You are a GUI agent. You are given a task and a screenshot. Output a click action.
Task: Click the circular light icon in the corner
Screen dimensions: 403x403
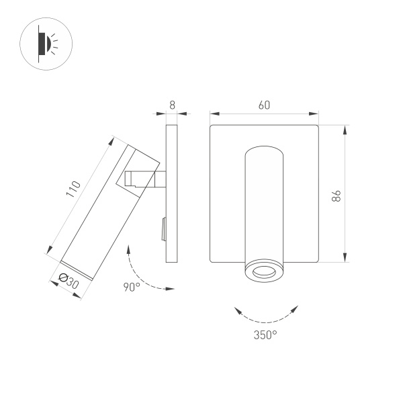pyautogui.click(x=46, y=45)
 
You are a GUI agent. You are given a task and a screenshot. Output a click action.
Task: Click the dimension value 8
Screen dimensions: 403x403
pyautogui.click(x=172, y=105)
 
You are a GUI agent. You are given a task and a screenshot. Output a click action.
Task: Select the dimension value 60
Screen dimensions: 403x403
pyautogui.click(x=264, y=105)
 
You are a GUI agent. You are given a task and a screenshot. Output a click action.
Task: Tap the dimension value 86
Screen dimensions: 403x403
pyautogui.click(x=337, y=195)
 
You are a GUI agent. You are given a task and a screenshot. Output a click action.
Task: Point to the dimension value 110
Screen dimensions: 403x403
pyautogui.click(x=73, y=190)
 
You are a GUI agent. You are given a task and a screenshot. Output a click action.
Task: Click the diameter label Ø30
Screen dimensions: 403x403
pyautogui.click(x=69, y=281)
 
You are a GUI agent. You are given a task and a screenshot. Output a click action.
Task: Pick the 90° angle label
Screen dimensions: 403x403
pyautogui.click(x=131, y=287)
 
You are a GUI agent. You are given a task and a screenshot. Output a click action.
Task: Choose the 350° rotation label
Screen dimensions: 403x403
pyautogui.click(x=266, y=334)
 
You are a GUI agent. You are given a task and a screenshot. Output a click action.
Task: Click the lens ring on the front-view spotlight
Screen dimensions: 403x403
pyautogui.click(x=263, y=272)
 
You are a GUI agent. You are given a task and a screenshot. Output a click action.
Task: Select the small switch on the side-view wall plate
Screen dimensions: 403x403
pyautogui.click(x=163, y=230)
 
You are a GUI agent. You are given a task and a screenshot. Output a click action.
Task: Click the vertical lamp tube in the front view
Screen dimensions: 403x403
pyautogui.click(x=263, y=201)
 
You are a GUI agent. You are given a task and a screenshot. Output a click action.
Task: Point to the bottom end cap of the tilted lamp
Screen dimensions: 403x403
pyautogui.click(x=77, y=268)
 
